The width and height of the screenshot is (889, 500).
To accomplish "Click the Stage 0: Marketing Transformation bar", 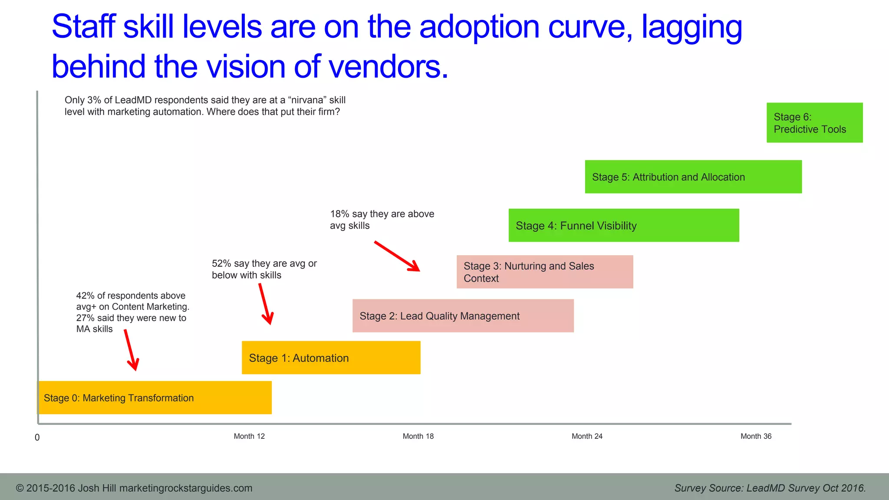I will point(155,398).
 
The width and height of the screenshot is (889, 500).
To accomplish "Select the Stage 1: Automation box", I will point(331,358).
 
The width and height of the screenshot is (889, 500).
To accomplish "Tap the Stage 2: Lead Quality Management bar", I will point(463,316).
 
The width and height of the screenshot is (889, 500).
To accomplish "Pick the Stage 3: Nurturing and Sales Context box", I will point(544,272).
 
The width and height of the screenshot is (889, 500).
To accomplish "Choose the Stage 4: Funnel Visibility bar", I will point(623,225).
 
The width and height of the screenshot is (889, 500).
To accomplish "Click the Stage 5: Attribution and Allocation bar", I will point(693,177).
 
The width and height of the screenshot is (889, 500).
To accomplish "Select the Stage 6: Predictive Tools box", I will point(814,122).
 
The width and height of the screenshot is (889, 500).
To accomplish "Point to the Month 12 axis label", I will point(249,436).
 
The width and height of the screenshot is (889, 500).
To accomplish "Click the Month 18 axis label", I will point(418,436).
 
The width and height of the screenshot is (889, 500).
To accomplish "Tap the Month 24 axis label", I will point(587,436).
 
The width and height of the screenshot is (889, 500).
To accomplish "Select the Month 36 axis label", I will point(756,436).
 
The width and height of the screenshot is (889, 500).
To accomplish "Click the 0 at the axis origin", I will point(37,437).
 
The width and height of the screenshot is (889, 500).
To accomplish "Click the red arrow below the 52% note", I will point(265,304).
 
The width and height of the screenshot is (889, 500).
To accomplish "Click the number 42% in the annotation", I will point(85,296).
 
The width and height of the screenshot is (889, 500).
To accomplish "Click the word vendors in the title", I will point(388,66).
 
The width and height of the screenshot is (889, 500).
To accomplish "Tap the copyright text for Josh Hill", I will point(134,488).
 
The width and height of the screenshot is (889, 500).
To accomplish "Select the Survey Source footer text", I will point(770,488).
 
